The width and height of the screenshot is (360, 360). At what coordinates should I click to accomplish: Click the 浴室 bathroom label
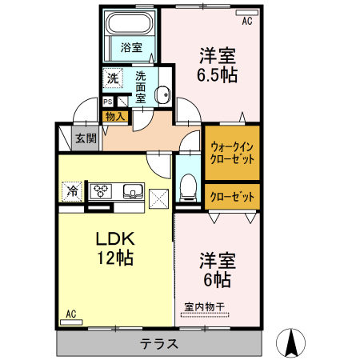pos(132,48)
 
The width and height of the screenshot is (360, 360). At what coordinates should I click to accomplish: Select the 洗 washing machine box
pos(113,78)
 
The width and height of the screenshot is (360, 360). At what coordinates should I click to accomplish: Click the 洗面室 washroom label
pos(140,87)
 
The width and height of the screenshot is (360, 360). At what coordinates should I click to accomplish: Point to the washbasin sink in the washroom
pos(163,94)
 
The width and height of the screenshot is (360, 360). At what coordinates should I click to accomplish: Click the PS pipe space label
pos(107,102)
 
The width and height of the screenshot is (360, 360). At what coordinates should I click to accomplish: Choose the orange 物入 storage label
pos(114,116)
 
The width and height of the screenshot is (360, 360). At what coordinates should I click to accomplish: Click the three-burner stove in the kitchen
pos(102,190)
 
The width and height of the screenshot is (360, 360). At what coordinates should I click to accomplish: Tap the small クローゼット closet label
pos(233,196)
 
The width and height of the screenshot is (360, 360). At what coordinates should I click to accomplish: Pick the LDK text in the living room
pos(115,238)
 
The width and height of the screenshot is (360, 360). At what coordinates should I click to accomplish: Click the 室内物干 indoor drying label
pos(205,305)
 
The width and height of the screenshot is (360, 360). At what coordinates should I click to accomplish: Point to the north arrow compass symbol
pos(292,342)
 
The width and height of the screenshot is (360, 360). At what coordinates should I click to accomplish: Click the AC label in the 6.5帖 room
pos(247,22)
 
